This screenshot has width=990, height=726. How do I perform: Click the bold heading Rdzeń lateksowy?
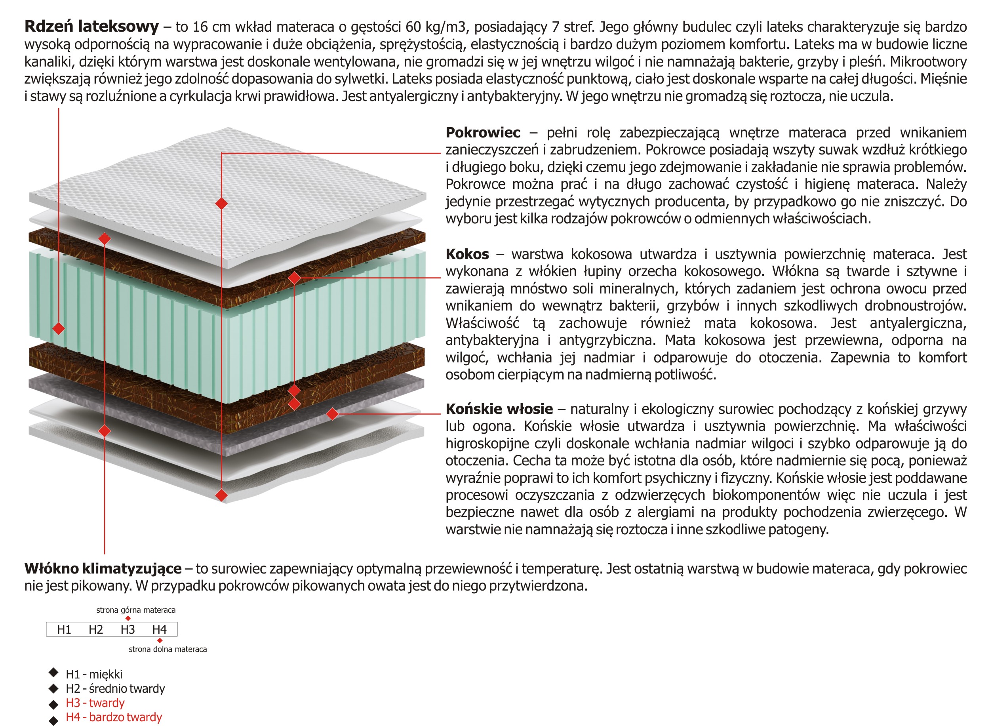click(91, 27)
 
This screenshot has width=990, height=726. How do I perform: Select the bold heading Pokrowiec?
click(482, 132)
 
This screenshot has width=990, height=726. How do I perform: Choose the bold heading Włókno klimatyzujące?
click(103, 568)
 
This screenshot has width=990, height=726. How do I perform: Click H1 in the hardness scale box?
click(64, 629)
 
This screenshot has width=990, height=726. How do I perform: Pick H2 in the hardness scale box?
click(96, 629)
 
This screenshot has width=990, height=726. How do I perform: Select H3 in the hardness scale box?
click(128, 629)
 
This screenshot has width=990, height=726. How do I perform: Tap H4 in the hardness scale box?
click(160, 629)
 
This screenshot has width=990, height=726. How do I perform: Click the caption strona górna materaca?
click(136, 610)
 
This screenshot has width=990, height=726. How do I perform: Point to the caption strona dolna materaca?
click(168, 649)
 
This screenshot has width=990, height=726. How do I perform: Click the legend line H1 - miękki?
click(94, 674)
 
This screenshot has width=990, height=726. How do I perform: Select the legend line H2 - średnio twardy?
click(115, 688)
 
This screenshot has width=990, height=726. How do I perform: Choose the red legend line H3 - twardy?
click(95, 703)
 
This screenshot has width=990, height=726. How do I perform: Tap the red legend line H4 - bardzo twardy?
click(114, 717)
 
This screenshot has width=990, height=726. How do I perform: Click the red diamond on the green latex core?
click(59, 328)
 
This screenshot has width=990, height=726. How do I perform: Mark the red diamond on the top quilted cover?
click(221, 204)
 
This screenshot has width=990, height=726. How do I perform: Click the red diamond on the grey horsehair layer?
click(333, 413)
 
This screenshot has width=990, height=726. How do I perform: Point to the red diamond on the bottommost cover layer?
click(221, 495)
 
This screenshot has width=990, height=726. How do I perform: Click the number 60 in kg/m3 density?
click(413, 27)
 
